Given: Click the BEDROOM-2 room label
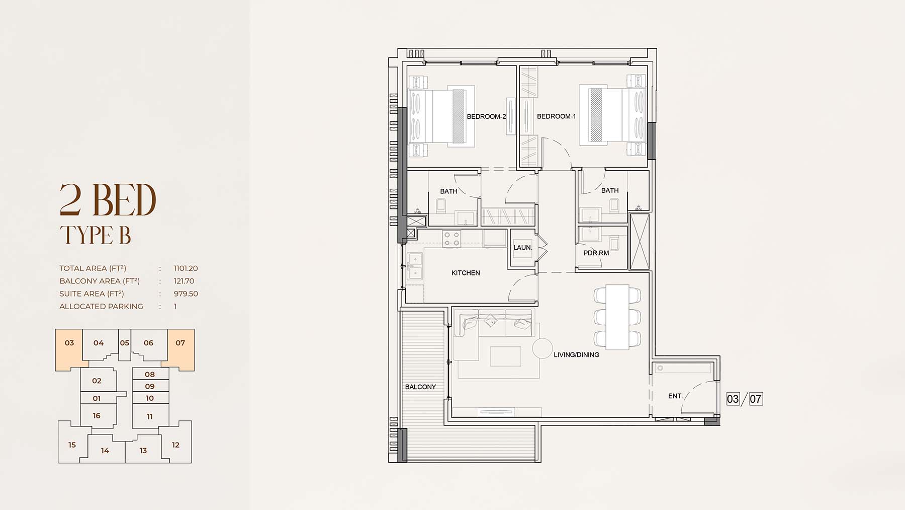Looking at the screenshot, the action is (486, 116).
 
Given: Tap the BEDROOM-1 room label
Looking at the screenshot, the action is (556, 116).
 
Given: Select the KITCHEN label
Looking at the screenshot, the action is (466, 273).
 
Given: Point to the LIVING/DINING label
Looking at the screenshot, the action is (576, 354).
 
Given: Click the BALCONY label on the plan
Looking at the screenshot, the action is (420, 387).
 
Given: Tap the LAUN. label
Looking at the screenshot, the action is (522, 247).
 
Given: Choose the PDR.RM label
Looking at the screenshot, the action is (596, 253).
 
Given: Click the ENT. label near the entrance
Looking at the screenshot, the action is (675, 396).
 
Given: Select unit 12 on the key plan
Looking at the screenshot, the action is (175, 445).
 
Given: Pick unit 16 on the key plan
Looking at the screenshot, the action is (97, 416).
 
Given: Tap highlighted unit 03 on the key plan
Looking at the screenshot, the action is (69, 343).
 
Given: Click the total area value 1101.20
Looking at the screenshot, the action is (186, 268).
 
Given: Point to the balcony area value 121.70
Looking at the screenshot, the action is (184, 281).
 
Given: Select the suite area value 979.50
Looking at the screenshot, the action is (186, 294).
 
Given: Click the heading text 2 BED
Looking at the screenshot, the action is (108, 200).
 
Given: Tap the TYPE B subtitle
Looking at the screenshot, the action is (96, 235).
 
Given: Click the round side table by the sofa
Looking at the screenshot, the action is (542, 348).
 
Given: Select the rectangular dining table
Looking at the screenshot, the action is (617, 317).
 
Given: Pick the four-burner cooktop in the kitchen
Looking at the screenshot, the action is (451, 239).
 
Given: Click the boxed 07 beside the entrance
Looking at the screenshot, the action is (756, 399).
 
